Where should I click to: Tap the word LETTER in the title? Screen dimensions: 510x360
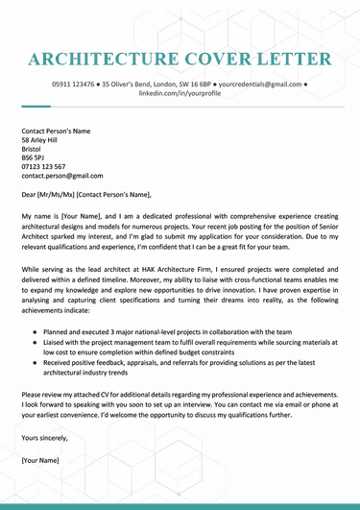click(x=289, y=60)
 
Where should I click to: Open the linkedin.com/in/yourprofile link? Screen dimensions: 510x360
click(x=180, y=94)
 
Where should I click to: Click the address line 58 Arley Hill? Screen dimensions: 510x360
click(x=44, y=140)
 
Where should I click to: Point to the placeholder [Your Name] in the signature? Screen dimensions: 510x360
click(x=40, y=461)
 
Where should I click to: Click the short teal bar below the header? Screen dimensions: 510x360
click(x=35, y=106)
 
